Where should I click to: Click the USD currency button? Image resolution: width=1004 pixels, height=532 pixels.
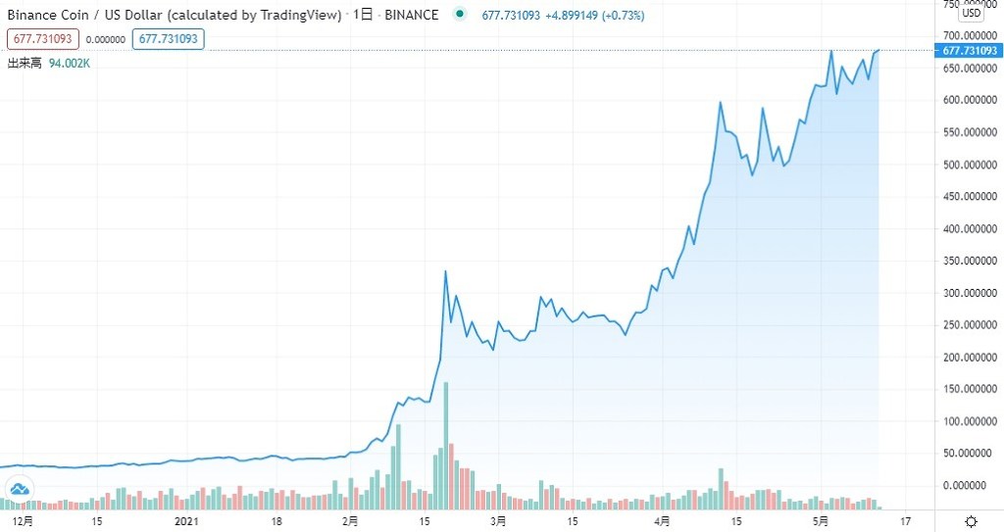click(971, 14)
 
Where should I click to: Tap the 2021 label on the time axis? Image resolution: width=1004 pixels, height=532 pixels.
click(186, 520)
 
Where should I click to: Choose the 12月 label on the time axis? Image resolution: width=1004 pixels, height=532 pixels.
click(24, 520)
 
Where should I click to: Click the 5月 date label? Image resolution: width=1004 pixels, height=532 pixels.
click(822, 520)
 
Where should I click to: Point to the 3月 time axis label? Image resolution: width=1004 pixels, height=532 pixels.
click(498, 520)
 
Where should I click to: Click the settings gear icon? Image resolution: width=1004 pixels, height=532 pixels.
click(970, 520)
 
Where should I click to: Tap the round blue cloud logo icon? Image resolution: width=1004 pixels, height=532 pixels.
click(20, 489)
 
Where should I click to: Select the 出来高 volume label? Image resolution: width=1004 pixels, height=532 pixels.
click(25, 63)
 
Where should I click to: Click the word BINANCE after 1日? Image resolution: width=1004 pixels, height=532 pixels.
click(411, 15)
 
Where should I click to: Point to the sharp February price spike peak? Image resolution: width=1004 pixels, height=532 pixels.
click(446, 271)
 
